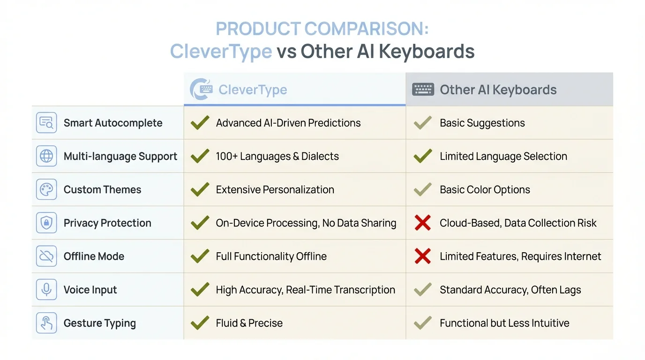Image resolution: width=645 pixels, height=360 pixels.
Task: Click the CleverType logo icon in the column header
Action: coord(201,89)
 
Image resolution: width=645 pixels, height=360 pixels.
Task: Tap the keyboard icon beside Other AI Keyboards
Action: coord(423,90)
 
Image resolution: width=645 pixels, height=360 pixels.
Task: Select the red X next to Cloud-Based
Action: coord(423,223)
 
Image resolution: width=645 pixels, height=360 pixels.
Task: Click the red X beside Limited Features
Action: coord(423,256)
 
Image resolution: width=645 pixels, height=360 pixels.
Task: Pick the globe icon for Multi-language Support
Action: coord(46,156)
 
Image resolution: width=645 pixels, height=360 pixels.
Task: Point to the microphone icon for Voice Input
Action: coord(46,290)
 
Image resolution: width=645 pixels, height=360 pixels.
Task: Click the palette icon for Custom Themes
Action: coord(46,189)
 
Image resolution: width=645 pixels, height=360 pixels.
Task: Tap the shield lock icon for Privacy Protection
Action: coord(46,223)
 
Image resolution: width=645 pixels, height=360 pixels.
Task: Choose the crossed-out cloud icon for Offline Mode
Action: coord(46,256)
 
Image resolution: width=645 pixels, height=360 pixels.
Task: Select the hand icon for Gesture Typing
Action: coord(46,323)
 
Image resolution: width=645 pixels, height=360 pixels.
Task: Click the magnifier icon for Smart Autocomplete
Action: coord(46,123)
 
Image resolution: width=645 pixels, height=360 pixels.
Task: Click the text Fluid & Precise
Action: coord(249,323)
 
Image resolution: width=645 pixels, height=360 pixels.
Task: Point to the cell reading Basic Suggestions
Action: coord(482,123)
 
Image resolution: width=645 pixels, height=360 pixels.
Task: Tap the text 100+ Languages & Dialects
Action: coord(277,156)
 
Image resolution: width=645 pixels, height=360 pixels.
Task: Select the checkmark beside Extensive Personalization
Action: coord(200,189)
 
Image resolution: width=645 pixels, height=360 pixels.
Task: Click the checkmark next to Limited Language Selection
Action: coord(423,156)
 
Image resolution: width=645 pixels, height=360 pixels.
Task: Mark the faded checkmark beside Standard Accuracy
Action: coord(423,290)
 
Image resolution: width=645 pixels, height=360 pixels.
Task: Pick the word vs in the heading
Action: coord(286,51)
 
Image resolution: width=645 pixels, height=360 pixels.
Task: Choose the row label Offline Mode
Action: coord(94,256)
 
